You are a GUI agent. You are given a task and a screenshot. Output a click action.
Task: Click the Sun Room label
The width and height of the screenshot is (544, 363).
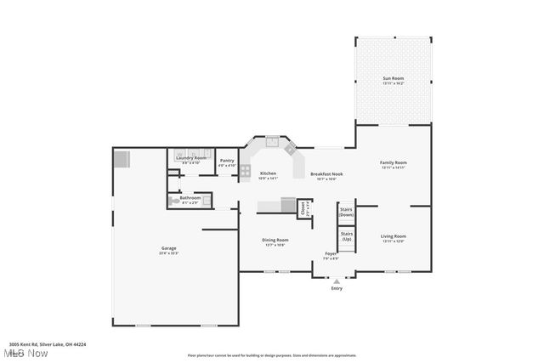(393, 78)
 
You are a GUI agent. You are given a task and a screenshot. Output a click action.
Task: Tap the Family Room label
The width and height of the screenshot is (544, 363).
(393, 162)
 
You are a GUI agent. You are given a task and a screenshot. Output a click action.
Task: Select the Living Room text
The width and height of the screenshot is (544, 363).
(393, 236)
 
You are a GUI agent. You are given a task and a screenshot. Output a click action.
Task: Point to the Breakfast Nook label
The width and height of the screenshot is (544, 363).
(326, 173)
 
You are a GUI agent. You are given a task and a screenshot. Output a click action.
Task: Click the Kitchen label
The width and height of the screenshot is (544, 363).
(268, 173)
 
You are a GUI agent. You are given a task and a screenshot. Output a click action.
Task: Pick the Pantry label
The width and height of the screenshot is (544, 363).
(227, 161)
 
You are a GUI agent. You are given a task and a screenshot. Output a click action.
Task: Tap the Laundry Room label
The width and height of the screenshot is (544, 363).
(190, 158)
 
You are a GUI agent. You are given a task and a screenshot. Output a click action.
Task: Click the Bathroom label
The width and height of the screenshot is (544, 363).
(190, 198)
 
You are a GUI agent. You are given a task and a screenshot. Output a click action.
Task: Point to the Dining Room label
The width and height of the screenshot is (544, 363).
(275, 241)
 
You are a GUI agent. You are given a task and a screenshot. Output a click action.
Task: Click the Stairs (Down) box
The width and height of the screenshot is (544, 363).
(346, 213)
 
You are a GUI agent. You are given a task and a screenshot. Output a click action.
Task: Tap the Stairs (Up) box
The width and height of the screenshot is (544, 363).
(347, 236)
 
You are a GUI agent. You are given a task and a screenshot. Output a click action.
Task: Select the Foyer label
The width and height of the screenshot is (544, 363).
(331, 253)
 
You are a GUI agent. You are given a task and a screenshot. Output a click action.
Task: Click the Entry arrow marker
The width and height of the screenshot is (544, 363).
(337, 281)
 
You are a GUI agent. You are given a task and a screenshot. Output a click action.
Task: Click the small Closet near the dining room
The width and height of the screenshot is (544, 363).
(303, 207)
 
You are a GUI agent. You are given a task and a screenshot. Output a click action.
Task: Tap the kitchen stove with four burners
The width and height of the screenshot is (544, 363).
(245, 172)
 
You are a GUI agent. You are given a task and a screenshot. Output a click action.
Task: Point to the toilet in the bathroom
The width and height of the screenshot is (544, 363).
(207, 201)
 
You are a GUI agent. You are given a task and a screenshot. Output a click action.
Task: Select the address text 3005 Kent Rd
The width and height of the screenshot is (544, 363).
(47, 344)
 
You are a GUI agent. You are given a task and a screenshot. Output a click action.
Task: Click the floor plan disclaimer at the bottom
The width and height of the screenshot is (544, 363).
(272, 355)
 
